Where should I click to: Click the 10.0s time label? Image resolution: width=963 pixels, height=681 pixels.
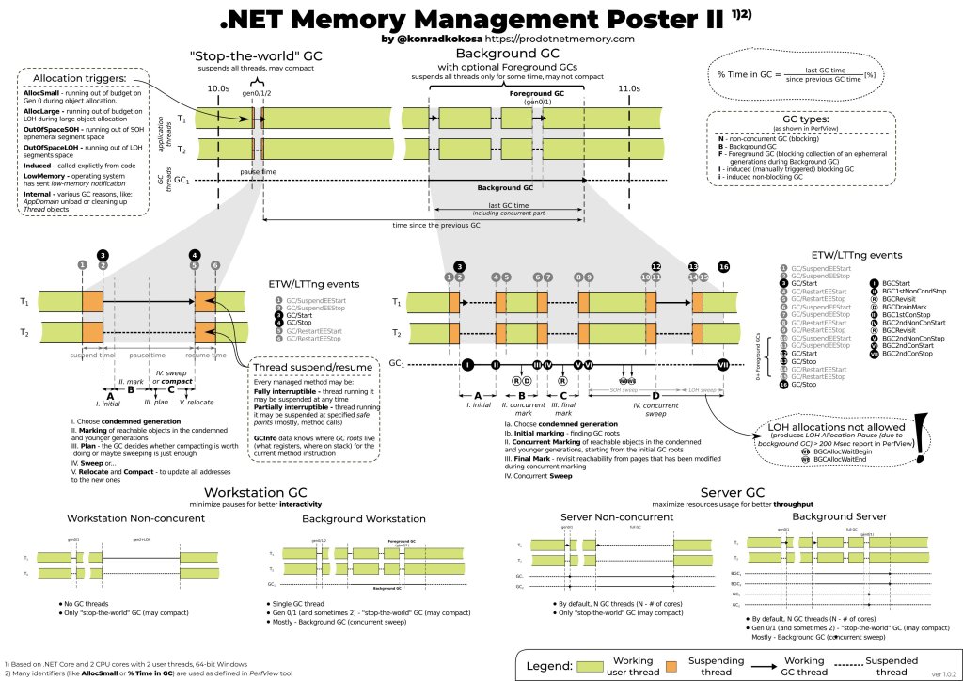coord(218,87)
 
